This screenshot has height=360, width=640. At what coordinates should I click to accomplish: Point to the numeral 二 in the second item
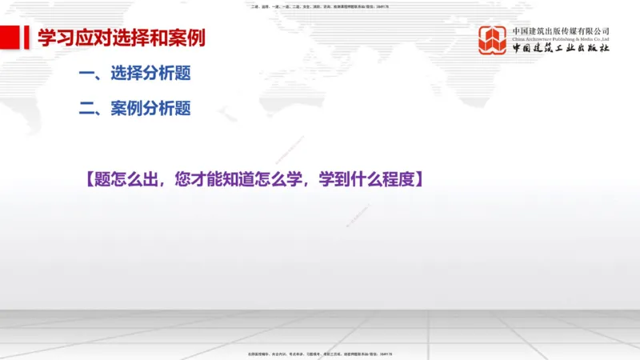coord(87,109)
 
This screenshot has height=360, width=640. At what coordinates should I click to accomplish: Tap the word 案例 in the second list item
coord(126,109)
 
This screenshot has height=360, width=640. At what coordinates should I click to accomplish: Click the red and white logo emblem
coord(493,40)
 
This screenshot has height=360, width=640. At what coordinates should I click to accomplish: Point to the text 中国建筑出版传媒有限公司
coord(561,30)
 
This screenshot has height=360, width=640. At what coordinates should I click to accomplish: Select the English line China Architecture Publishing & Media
coord(561,38)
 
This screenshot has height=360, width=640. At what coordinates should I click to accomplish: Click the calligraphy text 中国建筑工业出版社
coord(561,49)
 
